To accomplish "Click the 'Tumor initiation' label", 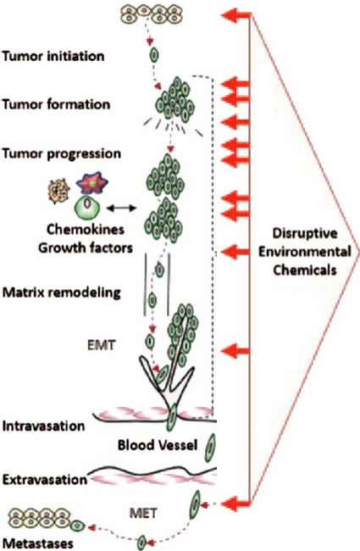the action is (x=53, y=56).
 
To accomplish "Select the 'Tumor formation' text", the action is (x=56, y=104).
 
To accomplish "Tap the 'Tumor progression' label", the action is (x=62, y=154).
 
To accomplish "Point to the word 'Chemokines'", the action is (x=86, y=230).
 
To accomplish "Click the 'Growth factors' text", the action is (x=86, y=248).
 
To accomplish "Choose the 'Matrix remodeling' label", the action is (x=62, y=292).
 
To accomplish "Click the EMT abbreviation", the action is (x=101, y=345).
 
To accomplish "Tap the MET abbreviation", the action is (x=143, y=514).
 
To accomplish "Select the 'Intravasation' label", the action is (x=43, y=426).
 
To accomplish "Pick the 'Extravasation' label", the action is (x=45, y=480).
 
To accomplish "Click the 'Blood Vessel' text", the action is (x=158, y=445).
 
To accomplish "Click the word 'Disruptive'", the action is (x=305, y=233).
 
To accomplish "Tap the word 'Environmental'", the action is (x=305, y=252).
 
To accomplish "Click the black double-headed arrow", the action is (x=121, y=209).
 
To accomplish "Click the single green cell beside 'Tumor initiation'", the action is (x=154, y=55).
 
